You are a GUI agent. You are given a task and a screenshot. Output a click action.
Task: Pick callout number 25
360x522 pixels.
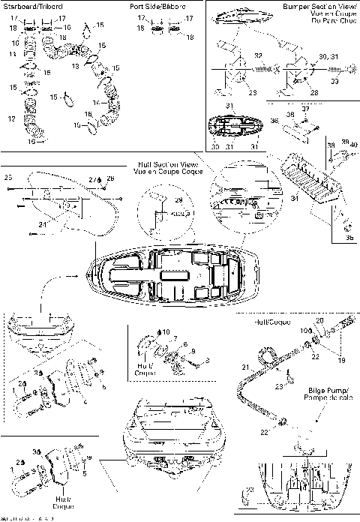click(9, 178)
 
